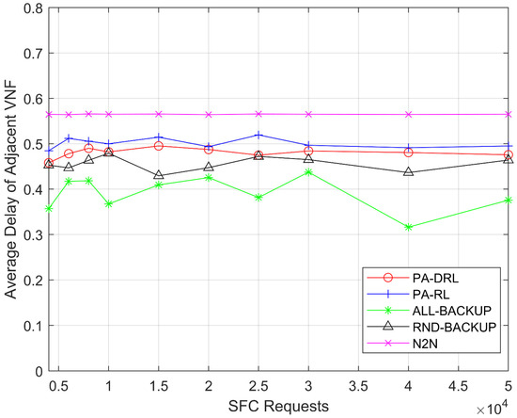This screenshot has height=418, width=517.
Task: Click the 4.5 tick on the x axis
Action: [458, 386]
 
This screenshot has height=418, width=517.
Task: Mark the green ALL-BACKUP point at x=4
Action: [408, 227]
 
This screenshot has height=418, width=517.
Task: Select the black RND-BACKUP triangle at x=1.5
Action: [159, 176]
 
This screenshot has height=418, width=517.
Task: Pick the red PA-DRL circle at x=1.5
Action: [159, 146]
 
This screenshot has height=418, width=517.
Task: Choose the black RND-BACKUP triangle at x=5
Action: [508, 160]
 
